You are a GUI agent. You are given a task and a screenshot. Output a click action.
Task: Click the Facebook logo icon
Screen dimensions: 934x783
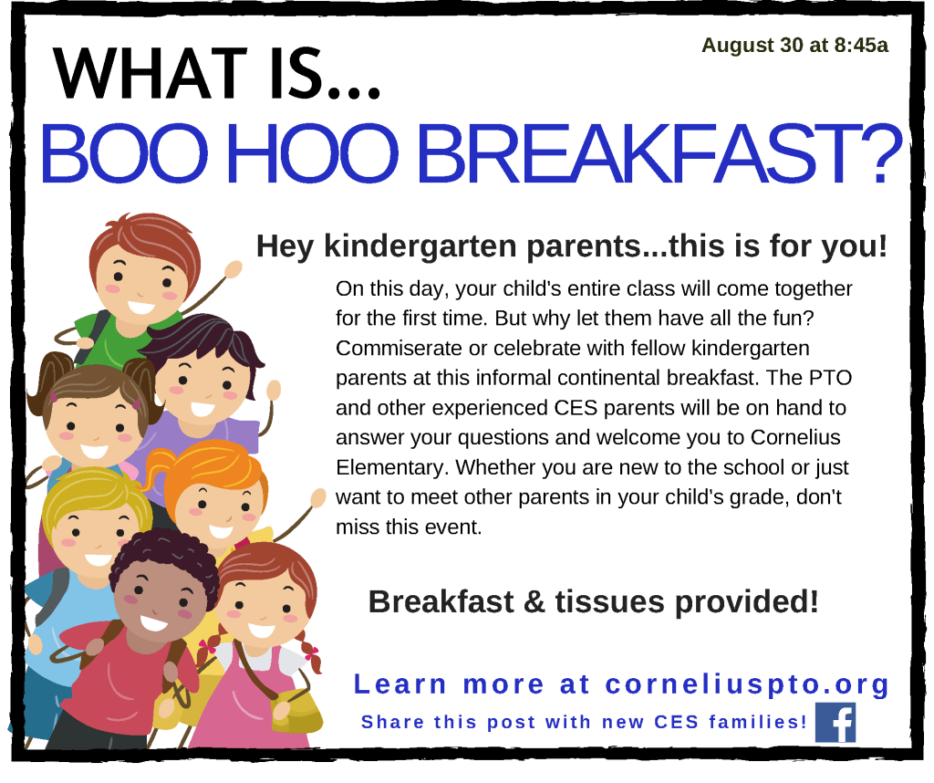835,722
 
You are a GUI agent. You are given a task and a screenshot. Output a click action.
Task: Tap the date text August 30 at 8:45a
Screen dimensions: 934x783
794,46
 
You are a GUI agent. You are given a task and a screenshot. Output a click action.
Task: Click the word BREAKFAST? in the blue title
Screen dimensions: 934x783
659,153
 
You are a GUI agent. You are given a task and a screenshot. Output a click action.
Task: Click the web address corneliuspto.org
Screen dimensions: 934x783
747,684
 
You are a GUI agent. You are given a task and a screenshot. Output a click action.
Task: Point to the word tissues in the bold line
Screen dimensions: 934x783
609,601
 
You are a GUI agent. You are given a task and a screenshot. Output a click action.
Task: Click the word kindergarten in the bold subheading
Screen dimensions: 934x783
420,246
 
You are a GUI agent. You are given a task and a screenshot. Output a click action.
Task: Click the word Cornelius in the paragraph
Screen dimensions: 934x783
795,437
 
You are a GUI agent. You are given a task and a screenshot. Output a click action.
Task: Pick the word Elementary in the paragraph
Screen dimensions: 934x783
390,468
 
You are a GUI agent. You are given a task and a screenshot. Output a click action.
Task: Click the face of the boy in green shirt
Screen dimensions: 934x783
143,283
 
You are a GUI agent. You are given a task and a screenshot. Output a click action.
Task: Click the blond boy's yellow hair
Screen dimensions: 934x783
95,492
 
